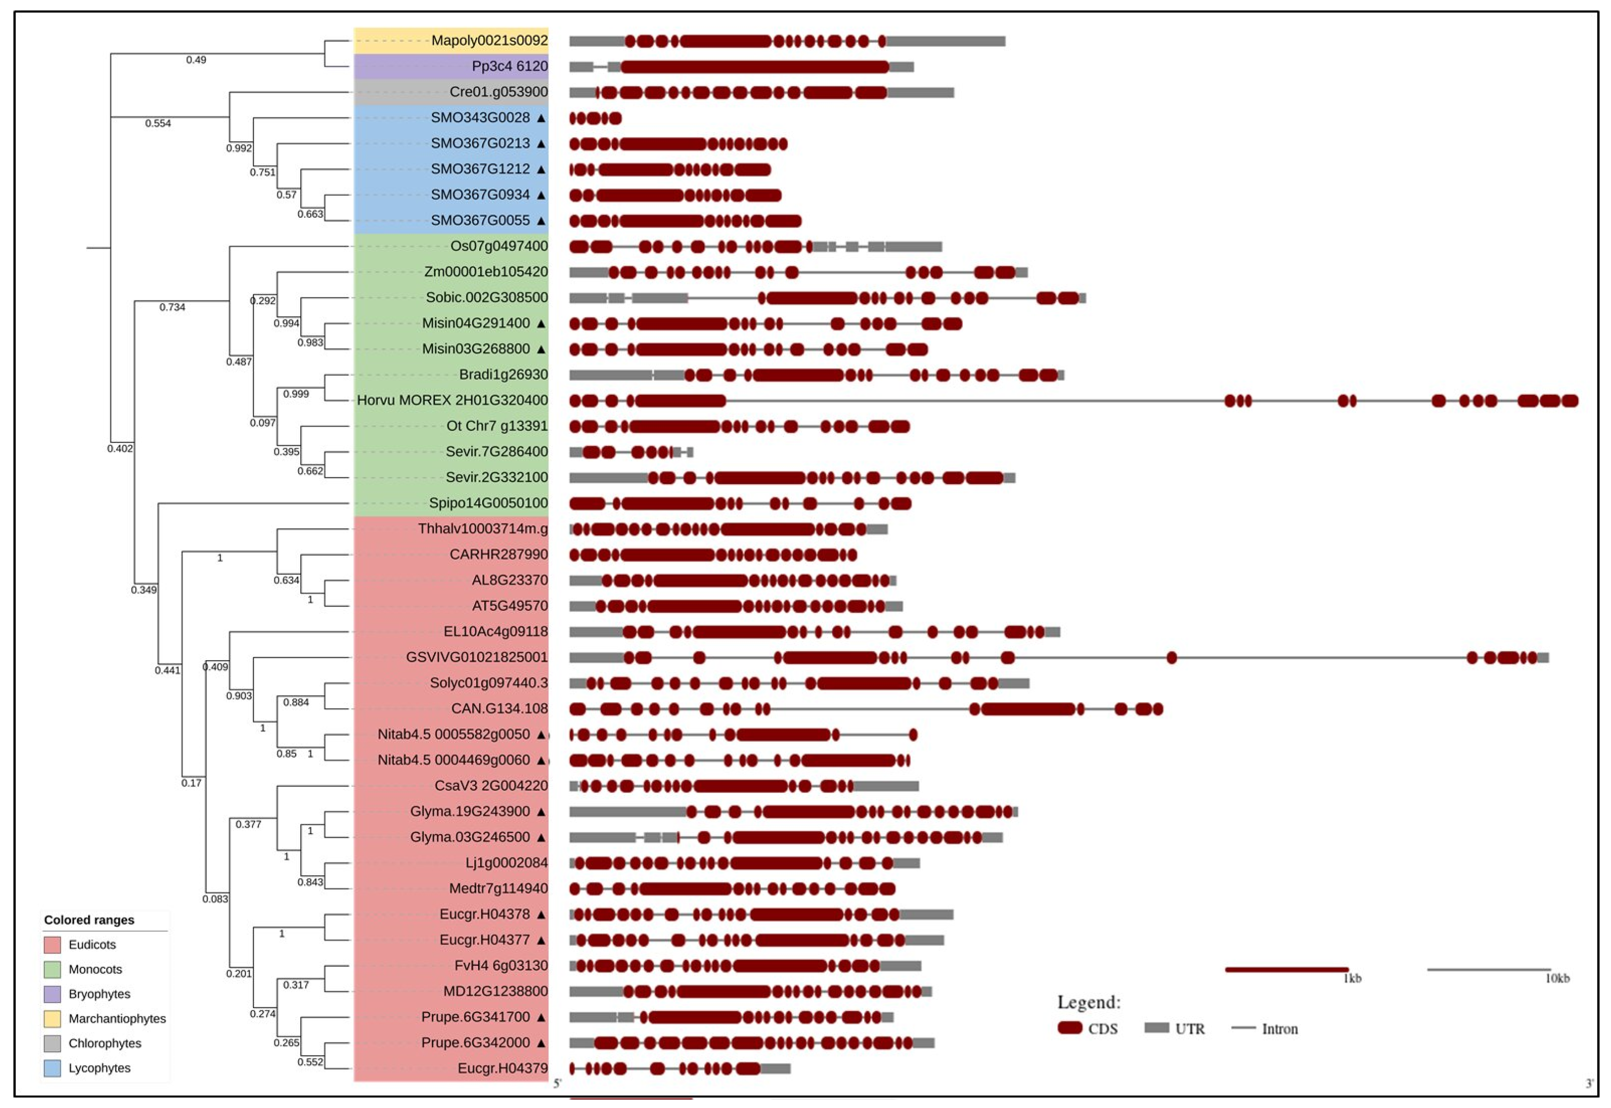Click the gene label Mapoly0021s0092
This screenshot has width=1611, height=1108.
(x=489, y=40)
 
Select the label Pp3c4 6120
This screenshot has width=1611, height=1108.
(x=509, y=66)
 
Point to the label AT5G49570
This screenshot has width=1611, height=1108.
(x=509, y=606)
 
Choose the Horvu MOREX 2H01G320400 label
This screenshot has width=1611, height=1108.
(x=452, y=401)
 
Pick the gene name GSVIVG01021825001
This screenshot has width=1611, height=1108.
(x=476, y=658)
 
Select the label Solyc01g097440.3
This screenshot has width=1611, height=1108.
(x=488, y=683)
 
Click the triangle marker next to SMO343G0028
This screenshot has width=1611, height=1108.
(x=541, y=118)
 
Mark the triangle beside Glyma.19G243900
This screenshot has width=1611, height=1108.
(x=541, y=812)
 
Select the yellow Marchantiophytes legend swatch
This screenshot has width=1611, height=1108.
(x=52, y=1019)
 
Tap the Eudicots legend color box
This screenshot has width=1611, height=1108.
(x=52, y=945)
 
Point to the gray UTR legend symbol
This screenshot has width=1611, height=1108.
(x=1156, y=1028)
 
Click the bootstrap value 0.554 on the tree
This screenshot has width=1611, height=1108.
(x=158, y=124)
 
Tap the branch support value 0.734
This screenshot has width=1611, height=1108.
(x=172, y=308)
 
